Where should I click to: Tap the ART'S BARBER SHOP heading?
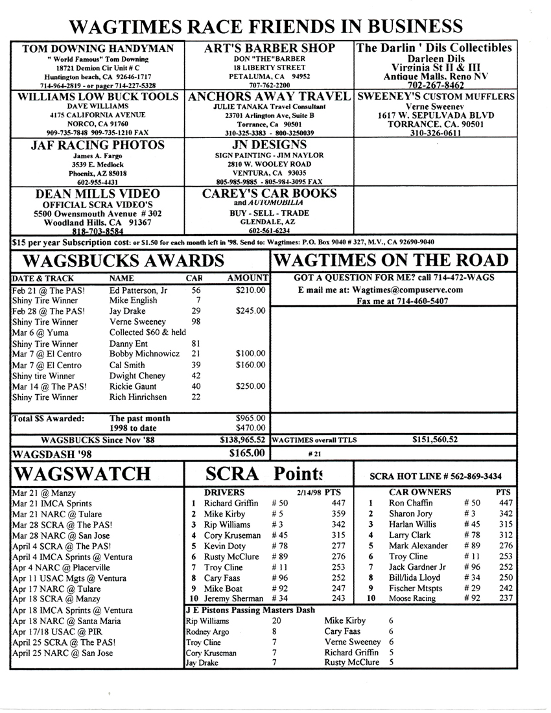[x=270, y=49]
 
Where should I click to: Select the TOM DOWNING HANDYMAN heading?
[x=98, y=49]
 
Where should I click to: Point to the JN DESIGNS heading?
[x=270, y=145]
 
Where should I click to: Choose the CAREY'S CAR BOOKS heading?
[x=270, y=193]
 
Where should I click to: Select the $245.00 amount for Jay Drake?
[x=251, y=310]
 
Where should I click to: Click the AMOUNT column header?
[x=248, y=277]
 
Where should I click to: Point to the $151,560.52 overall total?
[x=435, y=439]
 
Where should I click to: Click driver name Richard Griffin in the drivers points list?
[x=231, y=503]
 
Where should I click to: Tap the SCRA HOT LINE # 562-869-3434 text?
[x=435, y=476]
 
